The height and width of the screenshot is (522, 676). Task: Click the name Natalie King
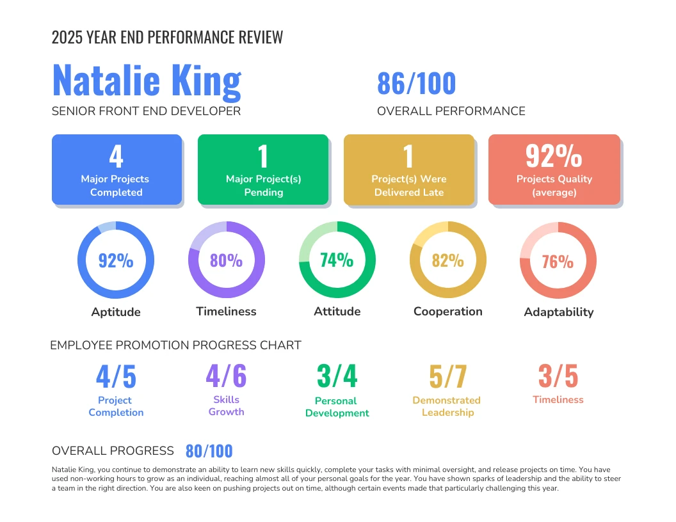(147, 81)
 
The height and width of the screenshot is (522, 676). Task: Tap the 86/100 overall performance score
(416, 84)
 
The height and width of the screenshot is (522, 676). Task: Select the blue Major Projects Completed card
(117, 170)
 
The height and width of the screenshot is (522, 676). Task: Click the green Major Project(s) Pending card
(263, 170)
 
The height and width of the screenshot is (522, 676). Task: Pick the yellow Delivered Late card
(409, 170)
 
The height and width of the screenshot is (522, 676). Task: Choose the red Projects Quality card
(554, 170)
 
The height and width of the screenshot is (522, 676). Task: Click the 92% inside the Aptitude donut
(116, 260)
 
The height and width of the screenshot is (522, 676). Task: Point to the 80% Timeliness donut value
(227, 260)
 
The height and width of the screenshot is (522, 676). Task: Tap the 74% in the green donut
(337, 260)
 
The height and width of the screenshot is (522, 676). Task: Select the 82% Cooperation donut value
(447, 260)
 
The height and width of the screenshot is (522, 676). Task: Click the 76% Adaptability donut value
(558, 261)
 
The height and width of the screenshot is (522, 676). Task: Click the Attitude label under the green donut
(337, 312)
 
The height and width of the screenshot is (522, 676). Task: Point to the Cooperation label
(447, 312)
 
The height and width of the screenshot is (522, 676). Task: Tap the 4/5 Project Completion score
(116, 377)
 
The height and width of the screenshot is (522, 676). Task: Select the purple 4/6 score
(226, 376)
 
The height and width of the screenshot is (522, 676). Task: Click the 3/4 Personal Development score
(337, 376)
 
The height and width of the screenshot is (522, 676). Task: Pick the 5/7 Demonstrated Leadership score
(447, 377)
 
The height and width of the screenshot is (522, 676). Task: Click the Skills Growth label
(226, 406)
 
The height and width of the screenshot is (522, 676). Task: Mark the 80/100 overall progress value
(209, 451)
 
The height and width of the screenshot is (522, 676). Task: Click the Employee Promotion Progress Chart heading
(175, 345)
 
